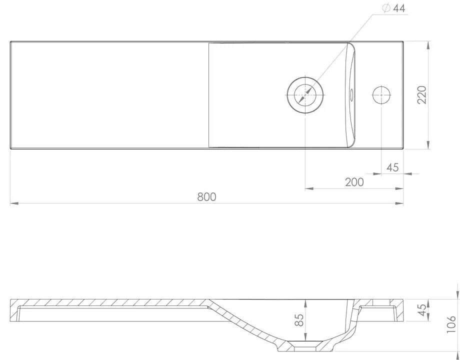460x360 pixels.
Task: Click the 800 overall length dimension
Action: [206, 196]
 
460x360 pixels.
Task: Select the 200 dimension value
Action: [354, 182]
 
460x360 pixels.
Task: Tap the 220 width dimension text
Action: [421, 95]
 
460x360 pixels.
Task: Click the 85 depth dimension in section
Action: [299, 320]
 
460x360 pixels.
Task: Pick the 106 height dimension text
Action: [451, 324]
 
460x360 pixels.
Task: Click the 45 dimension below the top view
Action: [392, 167]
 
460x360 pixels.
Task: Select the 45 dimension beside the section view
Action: [422, 310]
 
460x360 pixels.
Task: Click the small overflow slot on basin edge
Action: [351, 93]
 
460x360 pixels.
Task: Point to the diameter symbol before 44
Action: [385, 8]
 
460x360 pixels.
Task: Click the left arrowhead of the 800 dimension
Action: [13, 203]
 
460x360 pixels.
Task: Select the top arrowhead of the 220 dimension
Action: [428, 44]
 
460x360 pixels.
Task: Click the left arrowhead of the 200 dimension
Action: [308, 188]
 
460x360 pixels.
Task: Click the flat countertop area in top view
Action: [107, 95]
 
